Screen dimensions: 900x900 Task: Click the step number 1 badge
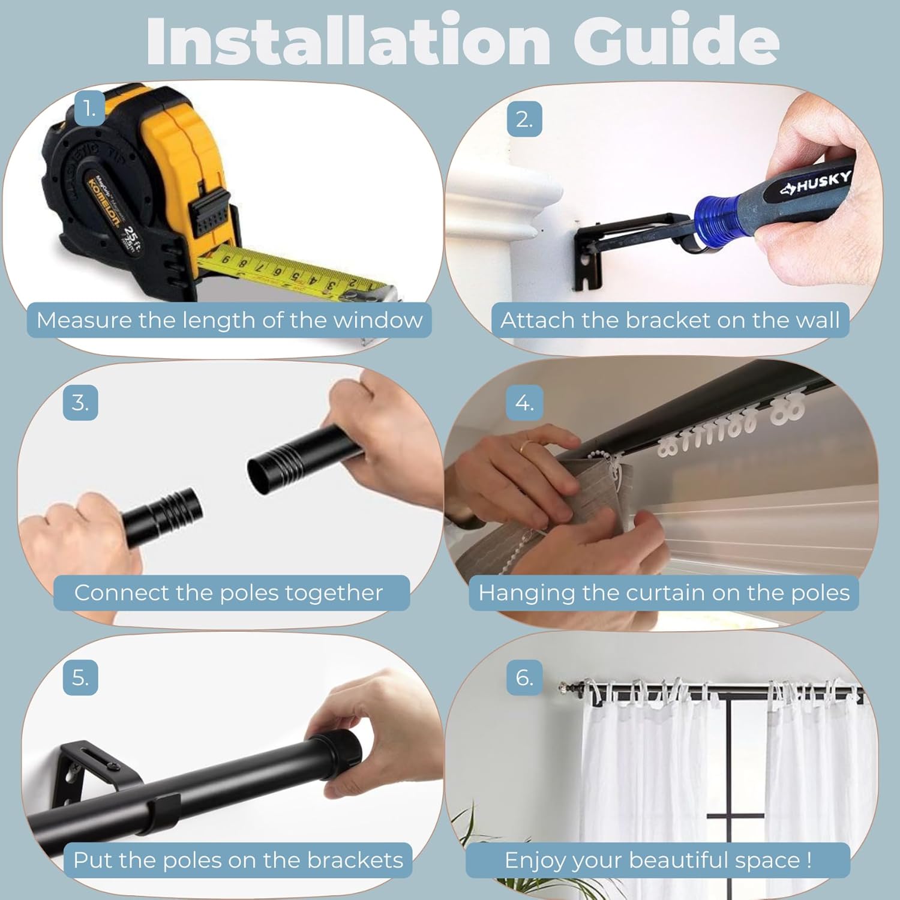(x=90, y=109)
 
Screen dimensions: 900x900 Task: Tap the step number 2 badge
(x=524, y=119)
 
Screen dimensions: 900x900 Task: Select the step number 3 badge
(x=80, y=403)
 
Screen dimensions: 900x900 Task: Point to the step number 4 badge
(x=524, y=403)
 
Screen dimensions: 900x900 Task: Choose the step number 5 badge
(x=80, y=678)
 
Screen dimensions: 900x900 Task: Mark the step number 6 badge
(x=524, y=678)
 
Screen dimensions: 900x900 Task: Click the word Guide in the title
(x=676, y=40)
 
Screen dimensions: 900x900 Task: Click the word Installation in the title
(x=348, y=40)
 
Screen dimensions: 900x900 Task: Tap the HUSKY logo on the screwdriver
(x=816, y=182)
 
